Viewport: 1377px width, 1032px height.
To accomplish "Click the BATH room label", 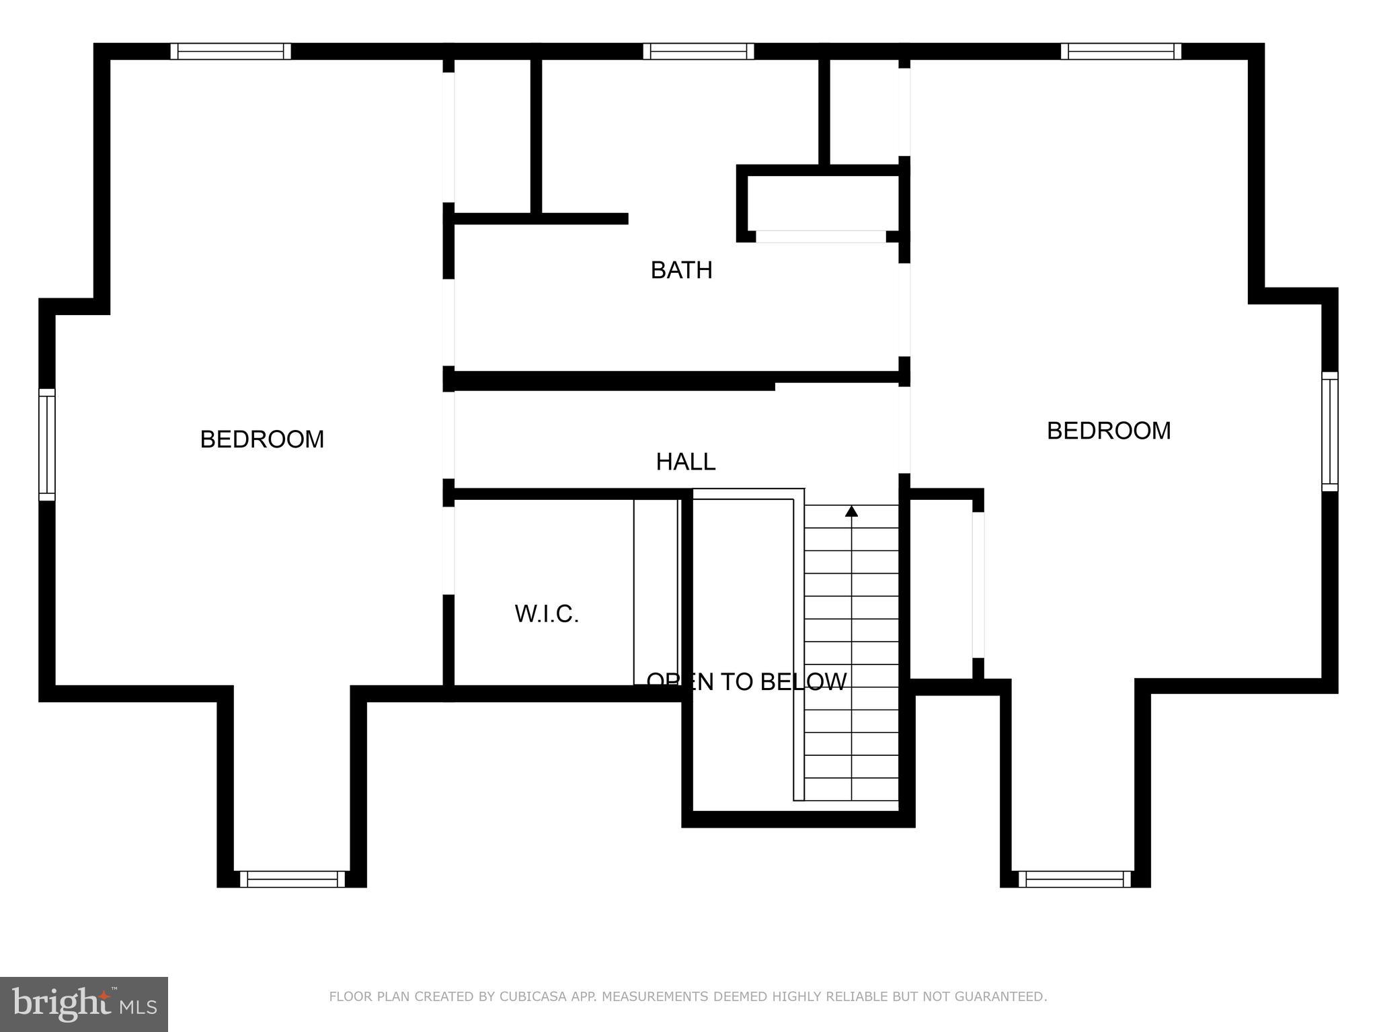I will point(681,270).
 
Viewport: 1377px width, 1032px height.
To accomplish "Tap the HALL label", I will point(685,462).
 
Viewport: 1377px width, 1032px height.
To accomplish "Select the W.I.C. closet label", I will point(547,613).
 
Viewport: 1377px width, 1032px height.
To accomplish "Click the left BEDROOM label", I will point(262,439).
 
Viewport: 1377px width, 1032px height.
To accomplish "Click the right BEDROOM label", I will point(1108,431).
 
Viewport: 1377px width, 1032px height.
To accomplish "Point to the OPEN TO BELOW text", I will point(746,682).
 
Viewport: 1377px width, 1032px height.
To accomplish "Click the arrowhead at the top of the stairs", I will point(851,511).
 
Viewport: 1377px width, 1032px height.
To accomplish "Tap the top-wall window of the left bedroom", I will point(231,52).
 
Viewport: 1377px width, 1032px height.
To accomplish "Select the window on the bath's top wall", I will point(698,52).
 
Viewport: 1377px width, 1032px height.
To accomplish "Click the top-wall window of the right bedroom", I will point(1121,52).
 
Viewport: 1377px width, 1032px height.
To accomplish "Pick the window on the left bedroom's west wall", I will point(46,444).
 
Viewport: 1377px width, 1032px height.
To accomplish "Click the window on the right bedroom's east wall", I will point(1329,431).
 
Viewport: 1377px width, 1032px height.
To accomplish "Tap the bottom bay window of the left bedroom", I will point(292,879).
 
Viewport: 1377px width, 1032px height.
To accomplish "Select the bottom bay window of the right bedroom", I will point(1074,879).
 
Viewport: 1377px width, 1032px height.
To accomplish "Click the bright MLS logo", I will point(84,1004).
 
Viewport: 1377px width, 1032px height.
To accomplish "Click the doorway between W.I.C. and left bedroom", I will point(448,550).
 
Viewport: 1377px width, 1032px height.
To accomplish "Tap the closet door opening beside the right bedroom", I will point(978,585).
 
